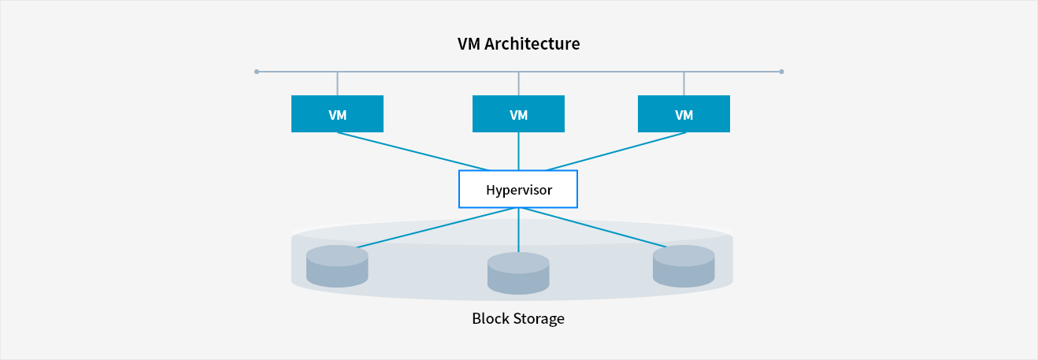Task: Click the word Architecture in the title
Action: pyautogui.click(x=532, y=44)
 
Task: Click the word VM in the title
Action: pyautogui.click(x=469, y=44)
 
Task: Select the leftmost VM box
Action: pyautogui.click(x=337, y=114)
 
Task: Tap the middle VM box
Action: pyautogui.click(x=518, y=114)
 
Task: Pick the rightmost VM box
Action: pyautogui.click(x=684, y=114)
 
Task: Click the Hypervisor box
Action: pyautogui.click(x=518, y=190)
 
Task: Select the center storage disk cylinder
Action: pyautogui.click(x=518, y=273)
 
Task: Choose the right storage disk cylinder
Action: pyautogui.click(x=684, y=265)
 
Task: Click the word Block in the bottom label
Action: pyautogui.click(x=489, y=319)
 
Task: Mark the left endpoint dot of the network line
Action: pyautogui.click(x=257, y=72)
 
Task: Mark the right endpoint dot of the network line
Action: pyautogui.click(x=781, y=72)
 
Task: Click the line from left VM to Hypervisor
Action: pyautogui.click(x=413, y=151)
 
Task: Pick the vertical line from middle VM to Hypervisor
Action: pyautogui.click(x=518, y=151)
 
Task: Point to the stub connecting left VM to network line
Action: pyautogui.click(x=337, y=84)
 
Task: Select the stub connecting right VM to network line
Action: pyautogui.click(x=684, y=84)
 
